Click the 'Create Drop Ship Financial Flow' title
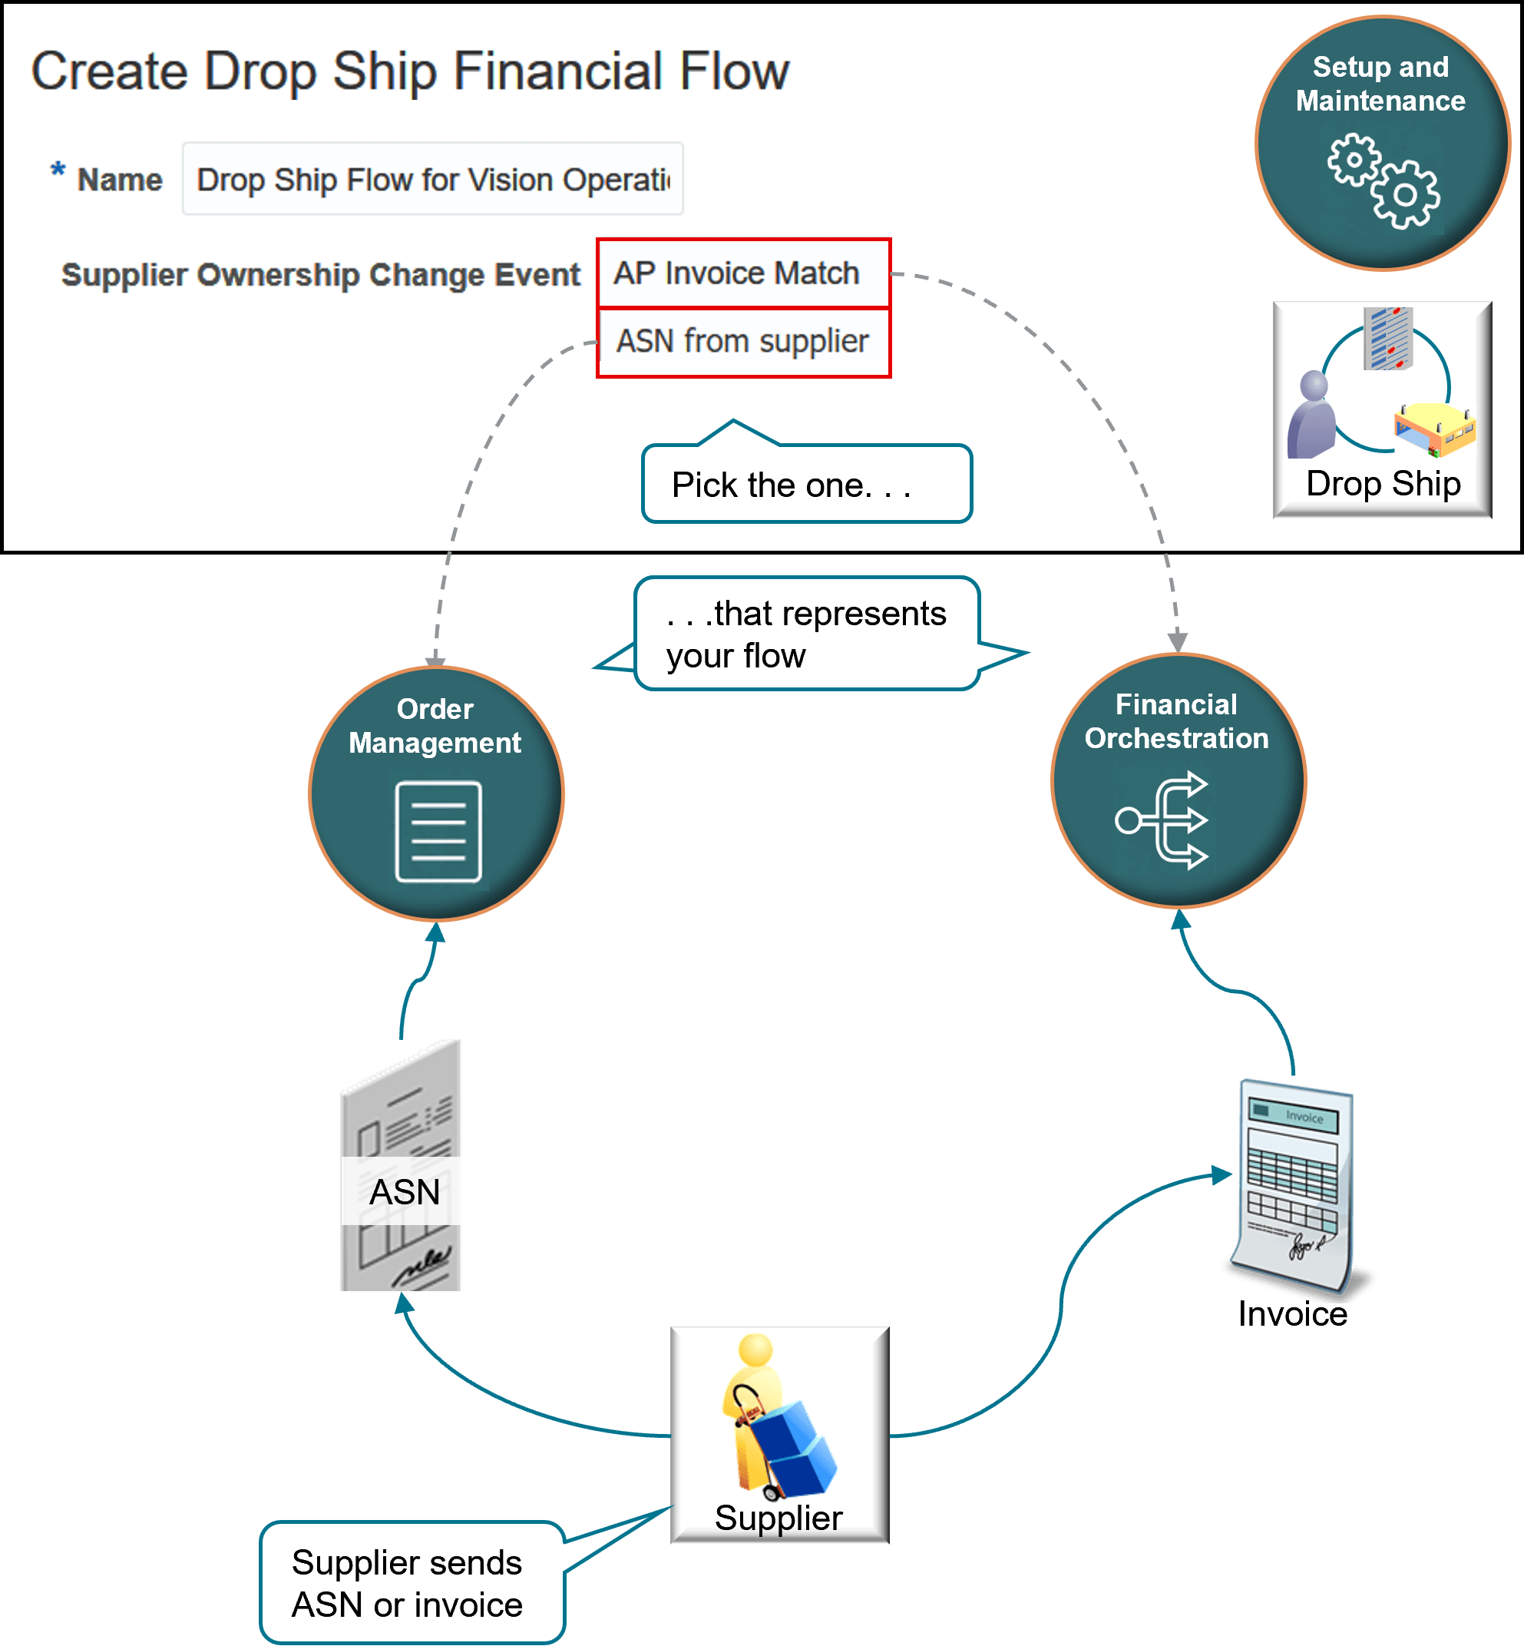pyautogui.click(x=410, y=71)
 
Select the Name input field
pyautogui.click(x=432, y=179)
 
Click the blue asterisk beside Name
pyautogui.click(x=58, y=171)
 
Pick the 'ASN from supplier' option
pyautogui.click(x=742, y=341)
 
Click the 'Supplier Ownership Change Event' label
pyautogui.click(x=321, y=275)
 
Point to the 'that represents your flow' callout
pyautogui.click(x=805, y=634)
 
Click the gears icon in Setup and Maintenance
pyautogui.click(x=1383, y=180)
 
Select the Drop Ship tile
pyautogui.click(x=1382, y=409)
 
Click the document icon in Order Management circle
pyautogui.click(x=438, y=832)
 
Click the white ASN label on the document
pyautogui.click(x=404, y=1191)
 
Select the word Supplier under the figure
pyautogui.click(x=778, y=1518)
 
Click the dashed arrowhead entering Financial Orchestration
pyautogui.click(x=1178, y=642)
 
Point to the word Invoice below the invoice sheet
pyautogui.click(x=1292, y=1313)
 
